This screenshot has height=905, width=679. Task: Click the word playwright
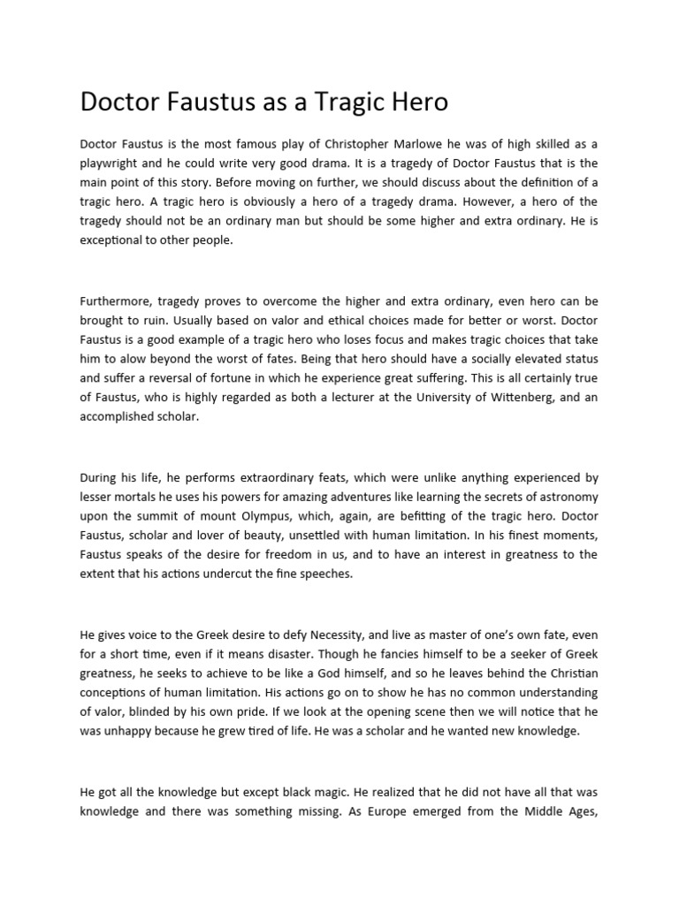(x=112, y=163)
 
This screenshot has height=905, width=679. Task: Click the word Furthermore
(x=118, y=301)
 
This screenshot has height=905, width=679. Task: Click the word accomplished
(x=118, y=417)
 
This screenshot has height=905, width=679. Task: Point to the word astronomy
(x=567, y=498)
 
